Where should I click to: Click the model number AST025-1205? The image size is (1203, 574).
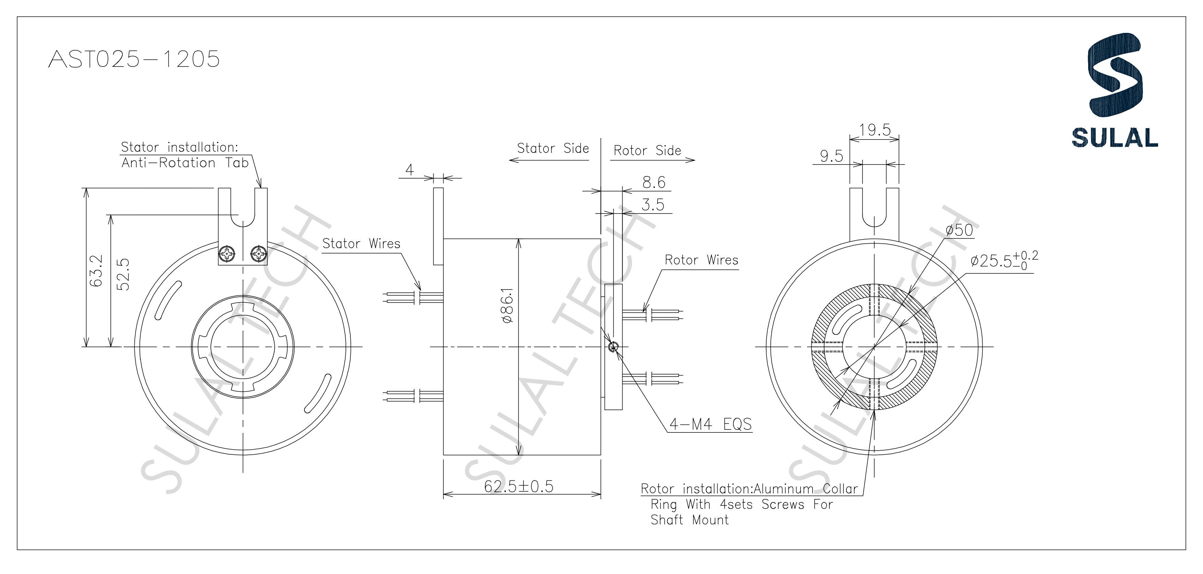click(x=134, y=59)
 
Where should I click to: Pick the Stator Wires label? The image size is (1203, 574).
click(x=361, y=244)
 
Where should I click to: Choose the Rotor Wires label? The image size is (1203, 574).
click(x=701, y=260)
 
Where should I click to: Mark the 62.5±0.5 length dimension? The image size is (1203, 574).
click(x=518, y=486)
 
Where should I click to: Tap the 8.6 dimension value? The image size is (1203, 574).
click(x=653, y=182)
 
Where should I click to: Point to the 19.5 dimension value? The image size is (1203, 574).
click(x=875, y=130)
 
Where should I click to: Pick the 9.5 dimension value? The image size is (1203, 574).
click(x=831, y=156)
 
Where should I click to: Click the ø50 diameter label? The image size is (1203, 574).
click(x=959, y=230)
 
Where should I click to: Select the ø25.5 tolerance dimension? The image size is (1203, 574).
click(x=1004, y=260)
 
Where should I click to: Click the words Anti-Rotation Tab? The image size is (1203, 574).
click(x=185, y=163)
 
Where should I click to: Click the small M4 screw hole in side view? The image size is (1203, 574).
click(x=614, y=346)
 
